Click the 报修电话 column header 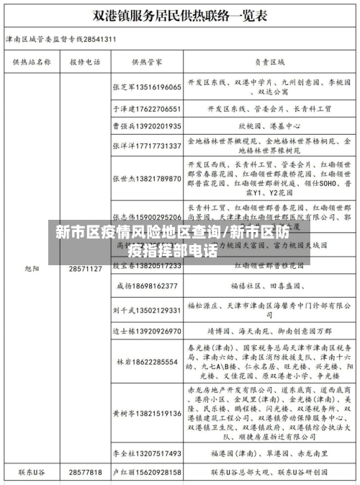[x=85, y=62]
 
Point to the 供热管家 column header [x=146, y=62]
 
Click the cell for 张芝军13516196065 [x=146, y=86]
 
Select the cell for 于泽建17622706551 [x=146, y=109]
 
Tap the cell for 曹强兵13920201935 [x=146, y=125]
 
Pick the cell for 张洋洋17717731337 [x=146, y=146]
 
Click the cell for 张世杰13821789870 [x=146, y=177]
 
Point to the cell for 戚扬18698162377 [x=146, y=286]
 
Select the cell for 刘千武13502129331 [x=146, y=310]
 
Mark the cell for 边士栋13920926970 [x=146, y=332]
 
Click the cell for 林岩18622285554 [x=146, y=362]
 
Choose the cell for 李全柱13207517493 [x=146, y=453]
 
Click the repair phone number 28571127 [x=85, y=269]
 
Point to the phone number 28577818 [x=85, y=472]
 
